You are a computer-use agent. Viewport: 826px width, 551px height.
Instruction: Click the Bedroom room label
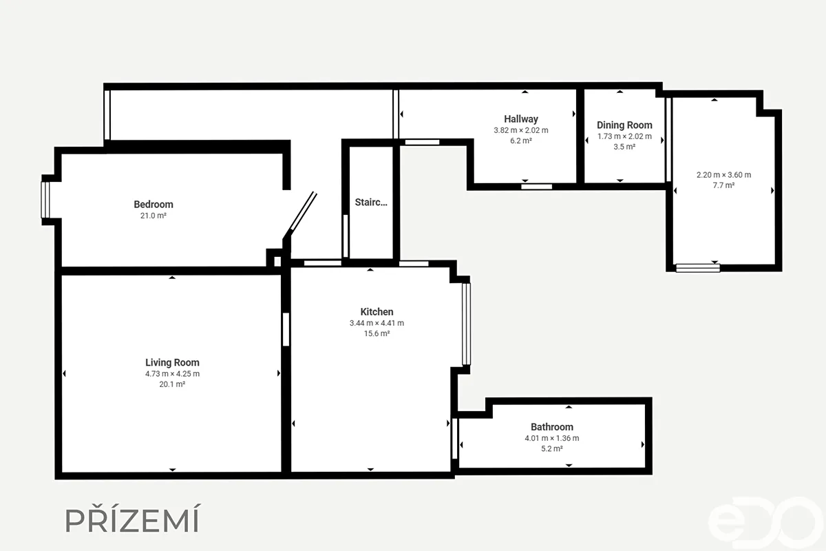(x=153, y=204)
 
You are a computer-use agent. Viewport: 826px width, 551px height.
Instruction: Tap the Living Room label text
(x=172, y=362)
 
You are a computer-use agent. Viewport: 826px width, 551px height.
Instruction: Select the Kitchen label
(x=377, y=312)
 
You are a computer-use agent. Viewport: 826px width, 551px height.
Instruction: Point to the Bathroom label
(x=552, y=427)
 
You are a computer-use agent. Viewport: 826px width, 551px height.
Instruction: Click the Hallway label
(x=521, y=119)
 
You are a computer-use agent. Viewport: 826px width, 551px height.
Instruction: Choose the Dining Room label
(x=625, y=125)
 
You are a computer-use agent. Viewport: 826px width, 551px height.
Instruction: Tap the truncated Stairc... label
(x=371, y=202)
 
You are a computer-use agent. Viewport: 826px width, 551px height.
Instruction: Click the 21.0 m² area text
(x=153, y=216)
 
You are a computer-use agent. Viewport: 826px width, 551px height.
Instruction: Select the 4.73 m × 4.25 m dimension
(x=172, y=373)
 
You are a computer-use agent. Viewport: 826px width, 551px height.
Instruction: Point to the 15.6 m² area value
(x=377, y=333)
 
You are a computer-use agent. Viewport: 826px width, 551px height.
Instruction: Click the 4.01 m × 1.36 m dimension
(x=552, y=438)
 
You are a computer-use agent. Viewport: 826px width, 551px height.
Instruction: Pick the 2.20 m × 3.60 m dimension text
(x=723, y=175)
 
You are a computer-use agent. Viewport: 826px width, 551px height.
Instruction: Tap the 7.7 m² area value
(x=723, y=185)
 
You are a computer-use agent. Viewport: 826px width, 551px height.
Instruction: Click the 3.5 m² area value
(x=625, y=147)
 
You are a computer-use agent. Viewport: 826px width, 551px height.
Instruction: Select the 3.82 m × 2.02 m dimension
(x=521, y=130)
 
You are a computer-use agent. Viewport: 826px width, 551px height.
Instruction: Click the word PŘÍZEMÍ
(x=132, y=519)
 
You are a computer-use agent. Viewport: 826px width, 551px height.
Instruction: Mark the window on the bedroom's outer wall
(x=45, y=200)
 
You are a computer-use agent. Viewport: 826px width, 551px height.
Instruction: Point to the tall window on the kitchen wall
(x=467, y=324)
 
